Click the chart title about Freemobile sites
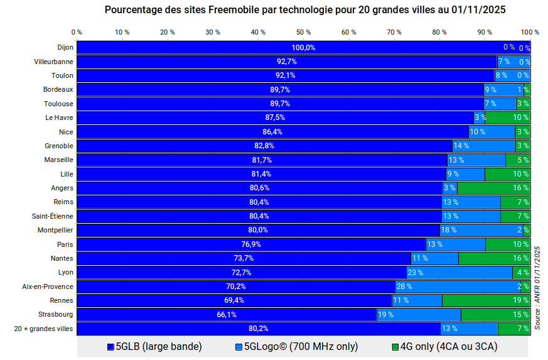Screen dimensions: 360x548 pyautogui.click(x=305, y=10)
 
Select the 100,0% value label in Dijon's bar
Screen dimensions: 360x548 pyautogui.click(x=303, y=48)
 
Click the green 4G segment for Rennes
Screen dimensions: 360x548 pyautogui.click(x=486, y=300)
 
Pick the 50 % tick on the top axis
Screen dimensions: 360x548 pyautogui.click(x=304, y=32)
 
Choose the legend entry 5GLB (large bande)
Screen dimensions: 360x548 pyautogui.click(x=154, y=346)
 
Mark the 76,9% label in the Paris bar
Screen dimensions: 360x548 pyautogui.click(x=251, y=244)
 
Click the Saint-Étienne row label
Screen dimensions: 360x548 pyautogui.click(x=53, y=216)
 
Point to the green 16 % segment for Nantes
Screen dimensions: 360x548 pyautogui.click(x=494, y=258)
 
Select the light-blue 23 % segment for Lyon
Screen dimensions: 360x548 pyautogui.click(x=459, y=273)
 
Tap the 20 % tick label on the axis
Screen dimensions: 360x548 pyautogui.click(x=168, y=32)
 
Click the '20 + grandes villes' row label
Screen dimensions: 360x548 pyautogui.click(x=44, y=329)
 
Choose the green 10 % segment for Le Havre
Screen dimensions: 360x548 pyautogui.click(x=508, y=117)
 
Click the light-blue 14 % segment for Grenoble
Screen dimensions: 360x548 pyautogui.click(x=483, y=146)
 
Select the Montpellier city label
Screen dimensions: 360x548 pyautogui.click(x=55, y=230)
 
